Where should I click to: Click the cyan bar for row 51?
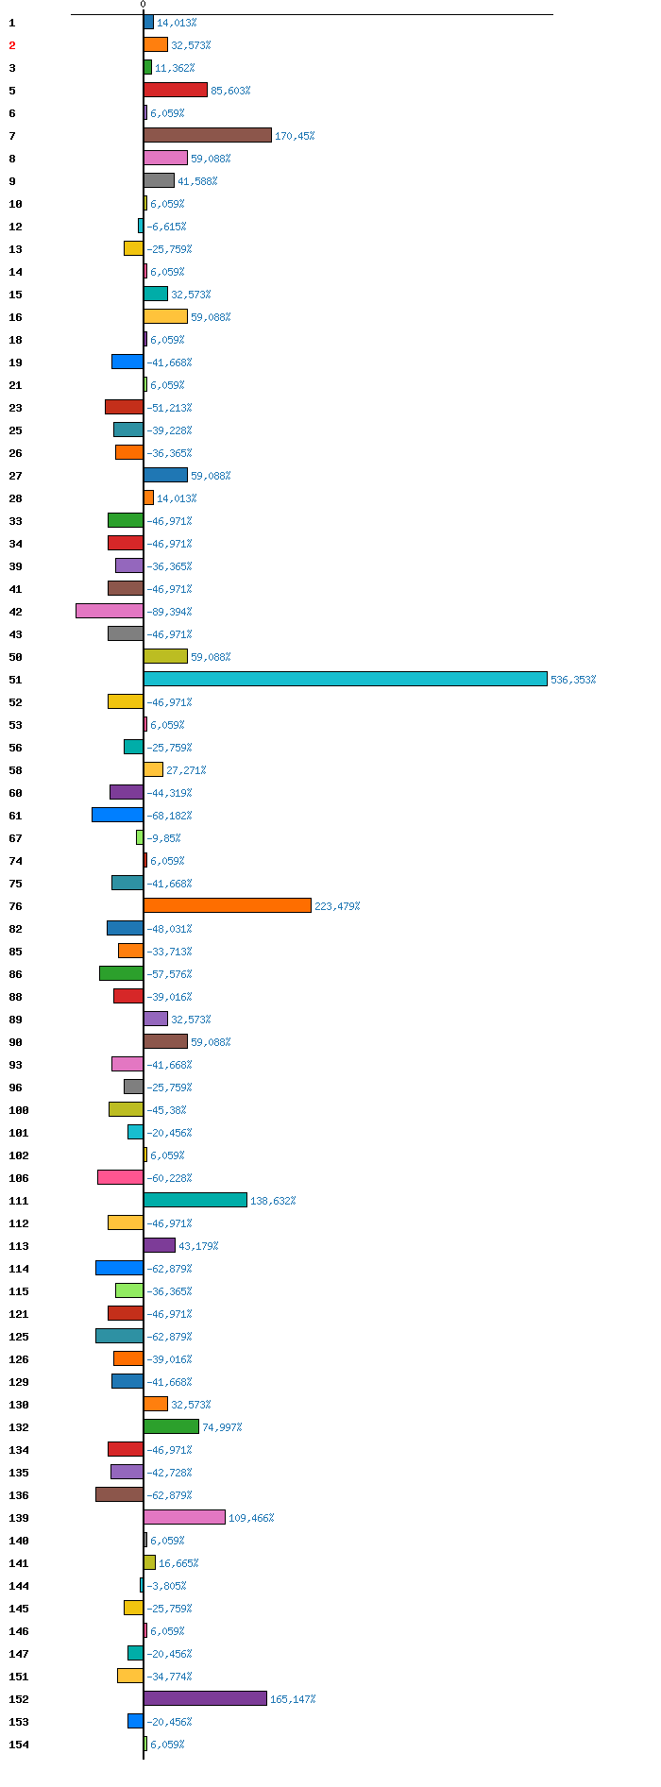click(x=346, y=679)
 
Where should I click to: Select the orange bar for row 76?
click(x=228, y=905)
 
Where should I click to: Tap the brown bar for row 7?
click(x=208, y=135)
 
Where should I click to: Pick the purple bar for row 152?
click(x=206, y=1698)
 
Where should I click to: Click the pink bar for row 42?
click(x=110, y=611)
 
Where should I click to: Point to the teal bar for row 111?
click(x=195, y=1200)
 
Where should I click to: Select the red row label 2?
click(x=12, y=45)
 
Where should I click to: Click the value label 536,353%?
click(x=573, y=680)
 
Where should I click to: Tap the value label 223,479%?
click(x=337, y=906)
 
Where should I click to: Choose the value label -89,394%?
click(x=169, y=612)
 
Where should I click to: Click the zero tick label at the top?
click(x=143, y=5)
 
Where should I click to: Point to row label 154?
click(x=19, y=1745)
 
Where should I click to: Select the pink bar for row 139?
click(x=184, y=1517)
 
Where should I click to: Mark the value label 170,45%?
click(x=295, y=136)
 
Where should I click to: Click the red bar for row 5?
click(x=176, y=90)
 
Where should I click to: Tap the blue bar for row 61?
click(x=117, y=815)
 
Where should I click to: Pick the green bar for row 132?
click(x=171, y=1426)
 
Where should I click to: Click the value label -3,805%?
click(x=166, y=1586)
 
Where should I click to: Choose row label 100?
click(x=19, y=1110)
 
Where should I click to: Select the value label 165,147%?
click(x=293, y=1699)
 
